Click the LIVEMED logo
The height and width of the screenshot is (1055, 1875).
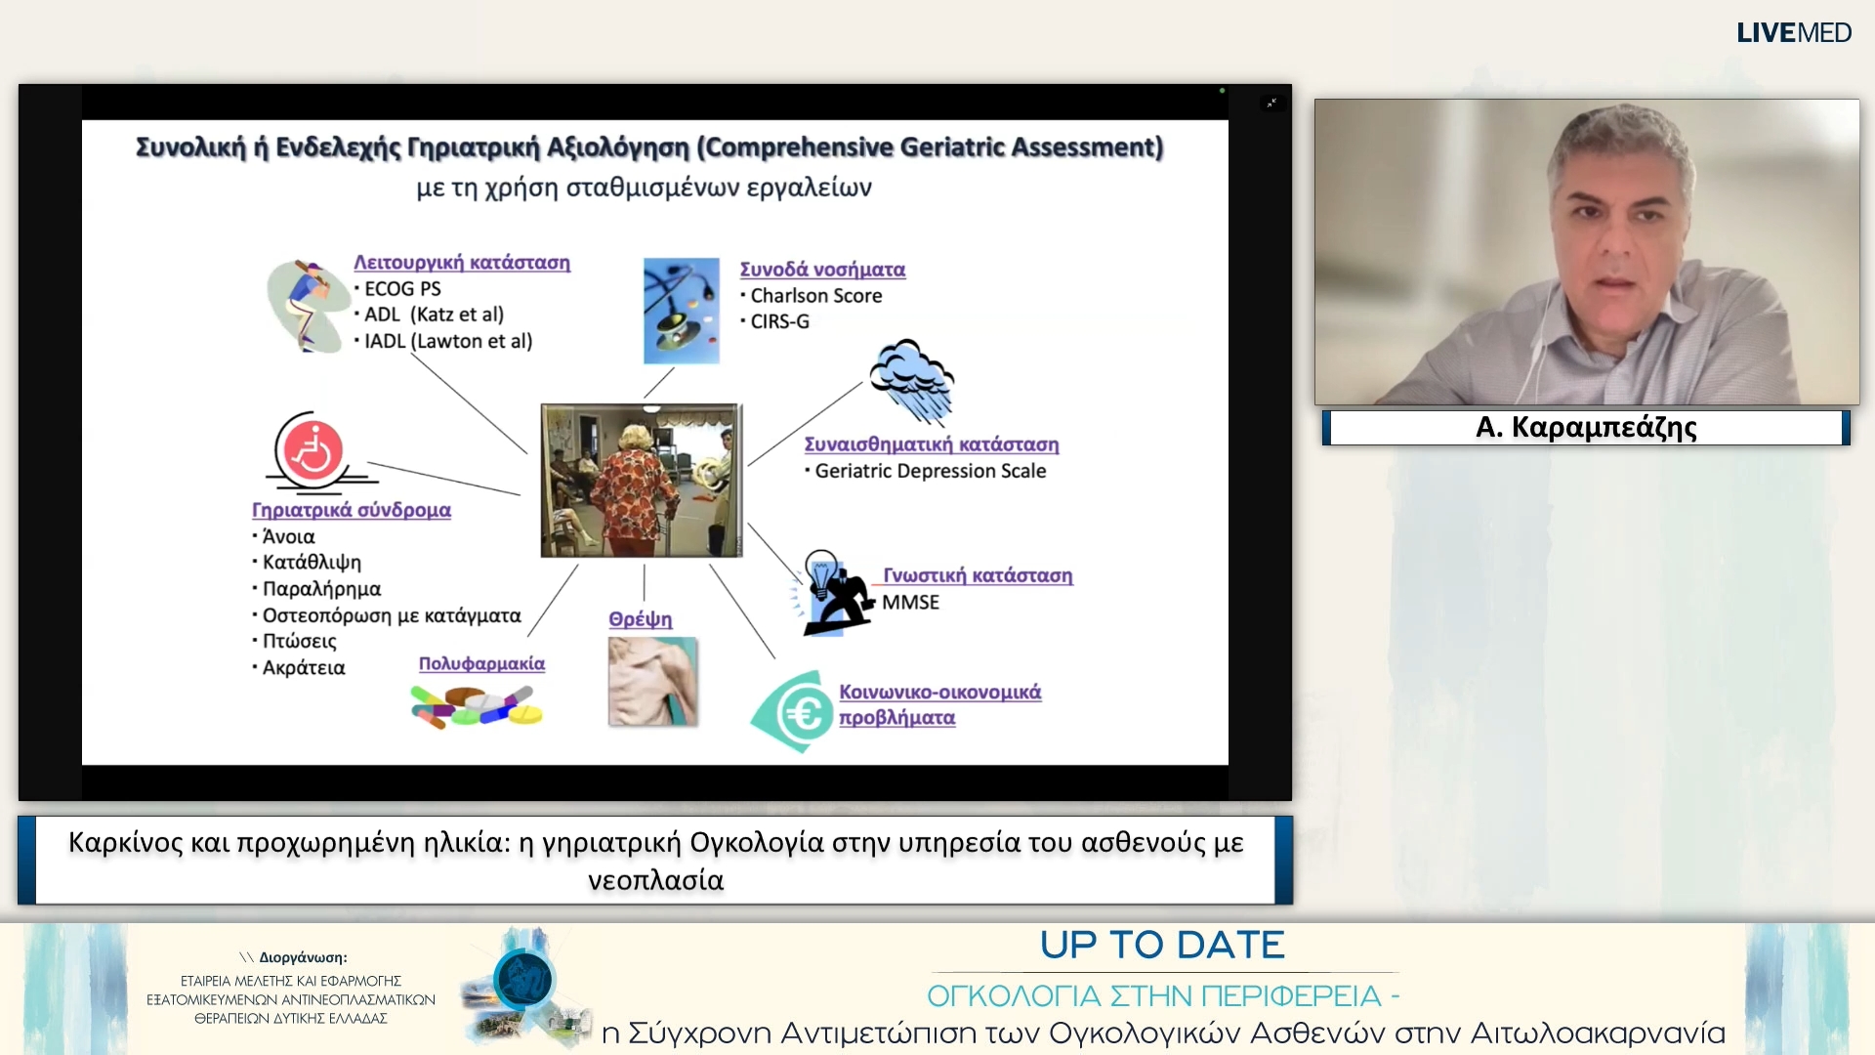[1793, 33]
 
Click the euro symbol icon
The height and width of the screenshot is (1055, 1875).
[792, 712]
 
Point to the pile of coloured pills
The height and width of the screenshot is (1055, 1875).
[477, 705]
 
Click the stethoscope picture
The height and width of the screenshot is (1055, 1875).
[682, 311]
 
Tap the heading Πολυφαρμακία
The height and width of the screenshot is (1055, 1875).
[481, 663]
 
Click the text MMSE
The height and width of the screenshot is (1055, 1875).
[910, 603]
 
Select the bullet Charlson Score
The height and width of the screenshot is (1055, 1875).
[812, 296]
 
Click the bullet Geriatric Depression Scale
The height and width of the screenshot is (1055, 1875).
[926, 471]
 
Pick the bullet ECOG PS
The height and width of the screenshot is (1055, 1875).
[397, 289]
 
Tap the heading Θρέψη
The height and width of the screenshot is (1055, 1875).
[641, 619]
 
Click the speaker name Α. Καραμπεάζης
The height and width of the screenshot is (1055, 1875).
[1586, 427]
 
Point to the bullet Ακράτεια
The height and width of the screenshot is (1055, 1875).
[299, 668]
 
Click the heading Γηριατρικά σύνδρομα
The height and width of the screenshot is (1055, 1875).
[352, 510]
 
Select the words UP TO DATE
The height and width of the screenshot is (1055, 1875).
[1162, 946]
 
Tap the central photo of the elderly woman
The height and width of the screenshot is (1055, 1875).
[642, 481]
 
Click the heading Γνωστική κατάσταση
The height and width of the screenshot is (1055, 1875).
[978, 575]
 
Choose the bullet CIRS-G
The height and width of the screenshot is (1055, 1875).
[775, 321]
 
